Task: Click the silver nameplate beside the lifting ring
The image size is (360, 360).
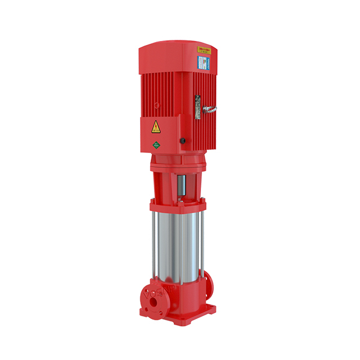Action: (197, 107)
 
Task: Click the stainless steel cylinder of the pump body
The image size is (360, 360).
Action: (175, 242)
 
